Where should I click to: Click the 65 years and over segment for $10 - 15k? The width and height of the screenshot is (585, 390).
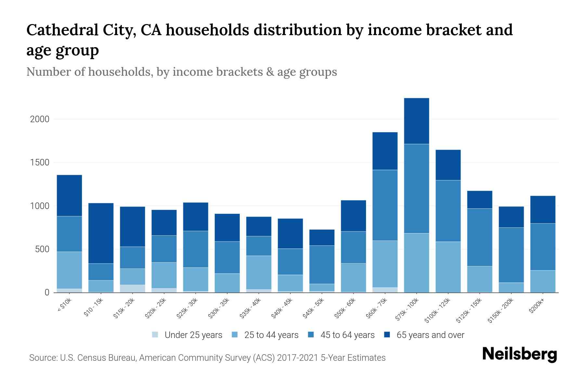point(101,233)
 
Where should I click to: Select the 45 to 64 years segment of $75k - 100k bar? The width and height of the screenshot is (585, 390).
point(416,188)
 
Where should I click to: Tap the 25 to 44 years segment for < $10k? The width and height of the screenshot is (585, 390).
point(69,270)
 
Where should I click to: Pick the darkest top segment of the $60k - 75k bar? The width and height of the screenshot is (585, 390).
point(385,151)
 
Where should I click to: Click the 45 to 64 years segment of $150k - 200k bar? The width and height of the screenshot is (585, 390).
point(511,255)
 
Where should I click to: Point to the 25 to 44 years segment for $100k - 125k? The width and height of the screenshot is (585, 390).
point(448,267)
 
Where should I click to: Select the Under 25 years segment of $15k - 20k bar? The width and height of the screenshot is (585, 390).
point(132,289)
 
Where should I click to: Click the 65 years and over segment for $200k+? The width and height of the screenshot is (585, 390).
point(543,209)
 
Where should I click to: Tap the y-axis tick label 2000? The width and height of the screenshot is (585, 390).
point(40,119)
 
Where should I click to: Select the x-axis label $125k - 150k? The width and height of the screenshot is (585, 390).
point(469,311)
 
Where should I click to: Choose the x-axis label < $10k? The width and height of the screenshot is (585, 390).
point(64,305)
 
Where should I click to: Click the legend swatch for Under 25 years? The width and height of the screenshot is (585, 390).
point(155,335)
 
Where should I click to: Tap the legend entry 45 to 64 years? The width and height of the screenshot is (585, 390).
point(347,335)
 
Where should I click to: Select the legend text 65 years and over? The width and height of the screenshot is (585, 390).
point(430,335)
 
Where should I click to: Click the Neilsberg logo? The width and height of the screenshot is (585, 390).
point(519,354)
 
